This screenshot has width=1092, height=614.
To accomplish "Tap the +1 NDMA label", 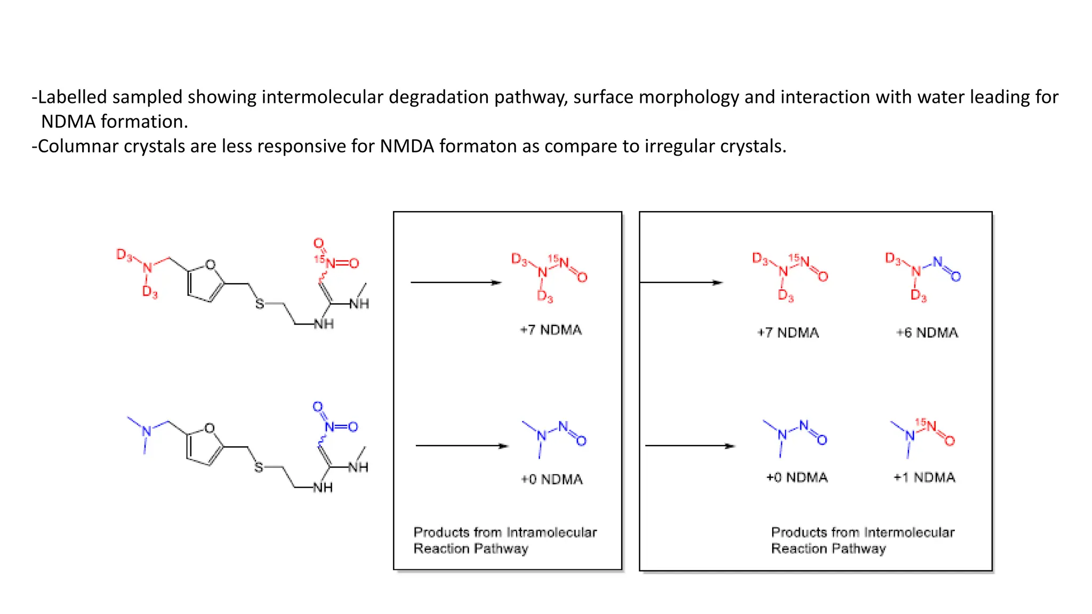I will (x=924, y=478).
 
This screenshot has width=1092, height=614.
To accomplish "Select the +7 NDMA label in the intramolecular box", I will (x=551, y=330).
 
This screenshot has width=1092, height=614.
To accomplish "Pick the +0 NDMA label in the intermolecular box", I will (x=797, y=478).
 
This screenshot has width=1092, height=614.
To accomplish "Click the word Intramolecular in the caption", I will (x=551, y=532).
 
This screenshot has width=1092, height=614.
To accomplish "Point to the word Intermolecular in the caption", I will (x=909, y=532).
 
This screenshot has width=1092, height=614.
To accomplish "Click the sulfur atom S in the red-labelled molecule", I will (x=260, y=304).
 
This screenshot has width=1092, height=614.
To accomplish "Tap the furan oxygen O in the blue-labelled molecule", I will (x=210, y=428).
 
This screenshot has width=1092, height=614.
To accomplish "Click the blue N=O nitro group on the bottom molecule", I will (x=340, y=426).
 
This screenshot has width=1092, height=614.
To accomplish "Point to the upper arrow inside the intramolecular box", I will (x=456, y=282).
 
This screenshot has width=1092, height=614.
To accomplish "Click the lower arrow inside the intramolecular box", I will (x=461, y=446).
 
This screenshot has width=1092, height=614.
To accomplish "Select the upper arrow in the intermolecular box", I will (x=681, y=282).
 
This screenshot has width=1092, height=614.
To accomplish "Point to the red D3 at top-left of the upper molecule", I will (x=124, y=255).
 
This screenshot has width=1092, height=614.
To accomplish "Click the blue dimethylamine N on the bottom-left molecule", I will (x=147, y=431).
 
